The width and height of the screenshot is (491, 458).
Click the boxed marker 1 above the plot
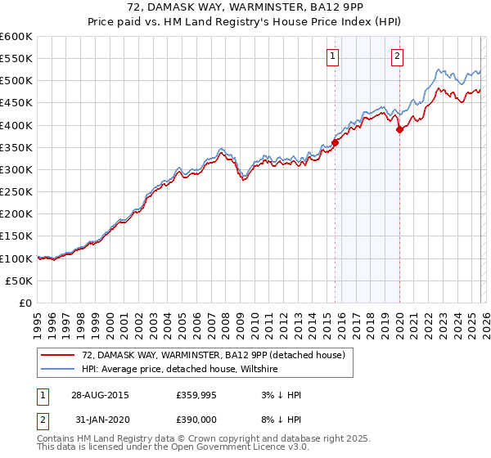click(333, 56)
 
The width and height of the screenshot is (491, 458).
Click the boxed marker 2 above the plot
click(397, 56)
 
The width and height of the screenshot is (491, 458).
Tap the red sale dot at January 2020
click(399, 129)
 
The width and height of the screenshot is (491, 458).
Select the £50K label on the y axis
click(20, 281)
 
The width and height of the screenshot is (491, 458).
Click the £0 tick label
click(26, 303)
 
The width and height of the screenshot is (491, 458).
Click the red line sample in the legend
click(58, 355)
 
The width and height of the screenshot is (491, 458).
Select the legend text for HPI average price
click(180, 369)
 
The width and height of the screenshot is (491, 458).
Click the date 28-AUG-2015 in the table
click(99, 395)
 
